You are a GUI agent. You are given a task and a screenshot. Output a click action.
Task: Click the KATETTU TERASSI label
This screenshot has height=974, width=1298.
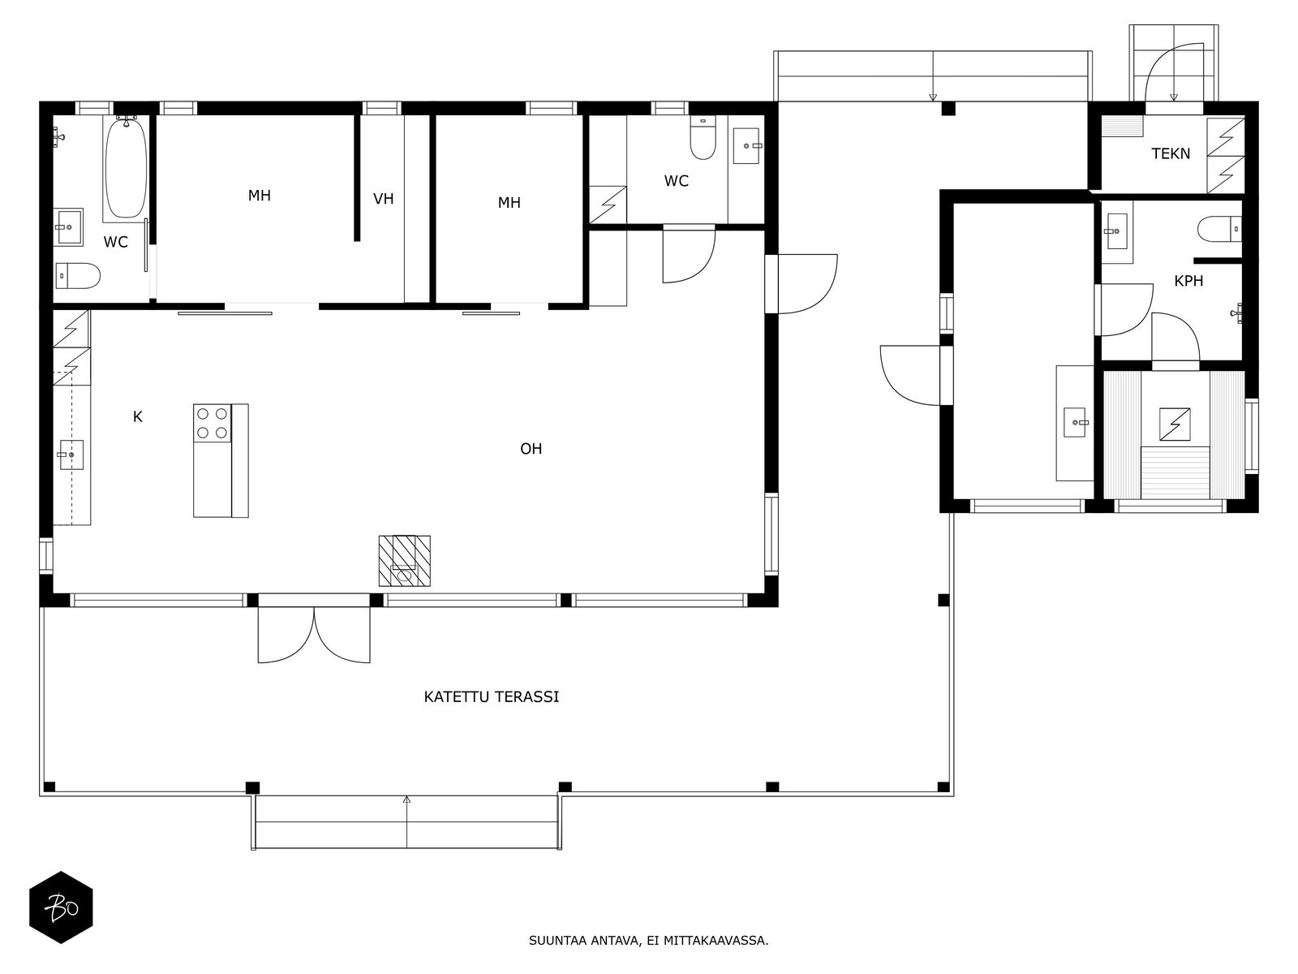click(491, 697)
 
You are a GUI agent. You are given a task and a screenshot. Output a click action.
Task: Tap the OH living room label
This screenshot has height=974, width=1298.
click(531, 449)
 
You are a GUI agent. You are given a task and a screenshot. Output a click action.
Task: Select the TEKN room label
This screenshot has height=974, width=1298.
click(1171, 153)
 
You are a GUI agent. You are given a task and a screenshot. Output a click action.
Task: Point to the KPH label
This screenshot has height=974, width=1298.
click(1188, 281)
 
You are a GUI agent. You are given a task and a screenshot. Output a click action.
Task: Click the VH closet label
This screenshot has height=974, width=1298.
click(383, 199)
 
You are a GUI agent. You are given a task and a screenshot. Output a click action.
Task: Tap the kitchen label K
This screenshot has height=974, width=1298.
click(137, 417)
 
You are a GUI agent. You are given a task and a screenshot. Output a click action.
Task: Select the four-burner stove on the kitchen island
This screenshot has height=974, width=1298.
click(213, 424)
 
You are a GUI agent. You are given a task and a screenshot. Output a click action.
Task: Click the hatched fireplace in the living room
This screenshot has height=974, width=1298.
click(405, 561)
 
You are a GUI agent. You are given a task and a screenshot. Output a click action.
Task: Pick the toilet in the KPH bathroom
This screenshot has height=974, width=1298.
click(1219, 230)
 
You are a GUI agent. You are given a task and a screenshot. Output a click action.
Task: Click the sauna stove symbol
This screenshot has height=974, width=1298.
click(1175, 425)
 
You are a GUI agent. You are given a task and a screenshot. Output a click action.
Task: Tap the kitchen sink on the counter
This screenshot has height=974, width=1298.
click(71, 455)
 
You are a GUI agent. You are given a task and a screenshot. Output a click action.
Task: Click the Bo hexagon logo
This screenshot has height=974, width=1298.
click(62, 907)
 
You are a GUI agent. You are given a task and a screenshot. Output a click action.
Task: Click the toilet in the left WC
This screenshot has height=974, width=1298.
click(78, 276)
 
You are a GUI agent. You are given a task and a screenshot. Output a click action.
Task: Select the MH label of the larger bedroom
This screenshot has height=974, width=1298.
click(259, 196)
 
